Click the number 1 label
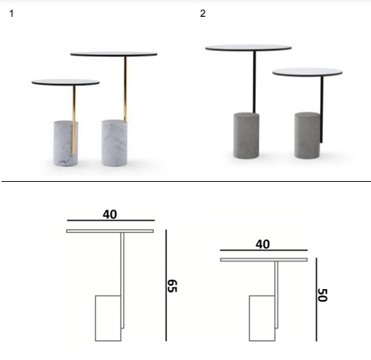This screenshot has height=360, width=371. (11, 14)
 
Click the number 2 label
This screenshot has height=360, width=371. (202, 13)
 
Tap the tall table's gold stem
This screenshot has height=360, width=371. (126, 88)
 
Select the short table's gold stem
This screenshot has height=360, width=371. (74, 120)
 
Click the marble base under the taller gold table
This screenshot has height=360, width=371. (114, 143)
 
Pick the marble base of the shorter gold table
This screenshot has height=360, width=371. (66, 144)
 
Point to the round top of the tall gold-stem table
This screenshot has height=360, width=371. (114, 54)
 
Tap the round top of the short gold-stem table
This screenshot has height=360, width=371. (66, 83)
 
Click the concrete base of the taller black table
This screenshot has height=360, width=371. (246, 135)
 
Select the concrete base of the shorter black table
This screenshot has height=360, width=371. (307, 135)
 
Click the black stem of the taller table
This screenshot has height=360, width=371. (254, 82)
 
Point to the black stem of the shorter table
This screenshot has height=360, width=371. (321, 109)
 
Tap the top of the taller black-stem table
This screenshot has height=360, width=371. (248, 48)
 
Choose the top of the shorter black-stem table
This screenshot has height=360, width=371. (307, 72)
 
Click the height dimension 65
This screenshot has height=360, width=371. (172, 286)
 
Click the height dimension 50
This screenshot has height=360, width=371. (323, 295)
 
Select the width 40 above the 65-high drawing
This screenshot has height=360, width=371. (110, 215)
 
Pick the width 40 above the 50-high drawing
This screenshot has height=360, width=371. (263, 244)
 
